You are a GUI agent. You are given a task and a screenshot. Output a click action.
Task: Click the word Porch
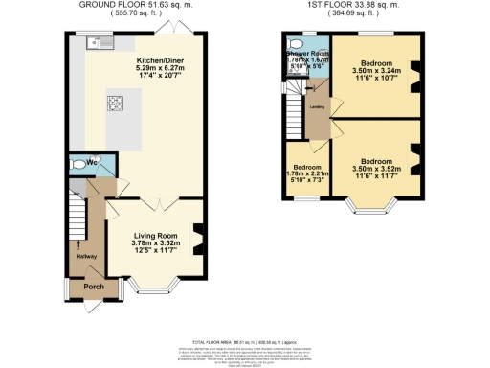coord(95,286)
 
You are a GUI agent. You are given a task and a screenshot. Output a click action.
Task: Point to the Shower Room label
coord(308,53)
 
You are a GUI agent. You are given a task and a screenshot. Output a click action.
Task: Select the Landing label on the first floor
coord(315,107)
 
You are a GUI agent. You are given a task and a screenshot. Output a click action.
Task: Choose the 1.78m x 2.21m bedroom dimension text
coord(307,174)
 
